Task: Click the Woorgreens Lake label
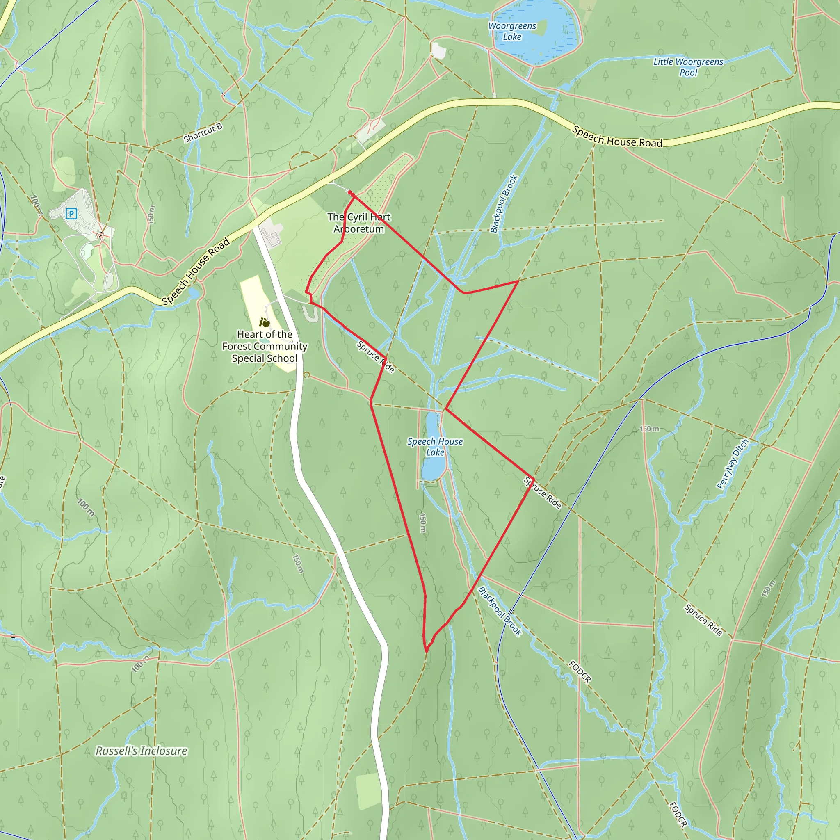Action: (x=512, y=31)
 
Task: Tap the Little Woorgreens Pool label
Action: (x=688, y=67)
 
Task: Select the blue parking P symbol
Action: (x=71, y=213)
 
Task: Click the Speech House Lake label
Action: (x=435, y=447)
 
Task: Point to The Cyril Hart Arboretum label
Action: (x=359, y=223)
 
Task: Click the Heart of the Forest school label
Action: (x=265, y=346)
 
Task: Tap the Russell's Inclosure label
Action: (x=142, y=751)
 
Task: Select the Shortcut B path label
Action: (x=203, y=132)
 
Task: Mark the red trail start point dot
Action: (x=350, y=193)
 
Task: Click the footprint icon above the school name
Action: (x=265, y=323)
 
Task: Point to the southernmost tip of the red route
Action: (x=427, y=651)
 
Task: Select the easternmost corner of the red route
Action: (x=534, y=479)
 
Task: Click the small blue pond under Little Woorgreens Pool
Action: (x=565, y=87)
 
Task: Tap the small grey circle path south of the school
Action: (x=306, y=375)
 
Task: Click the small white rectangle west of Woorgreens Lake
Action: (x=439, y=51)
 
